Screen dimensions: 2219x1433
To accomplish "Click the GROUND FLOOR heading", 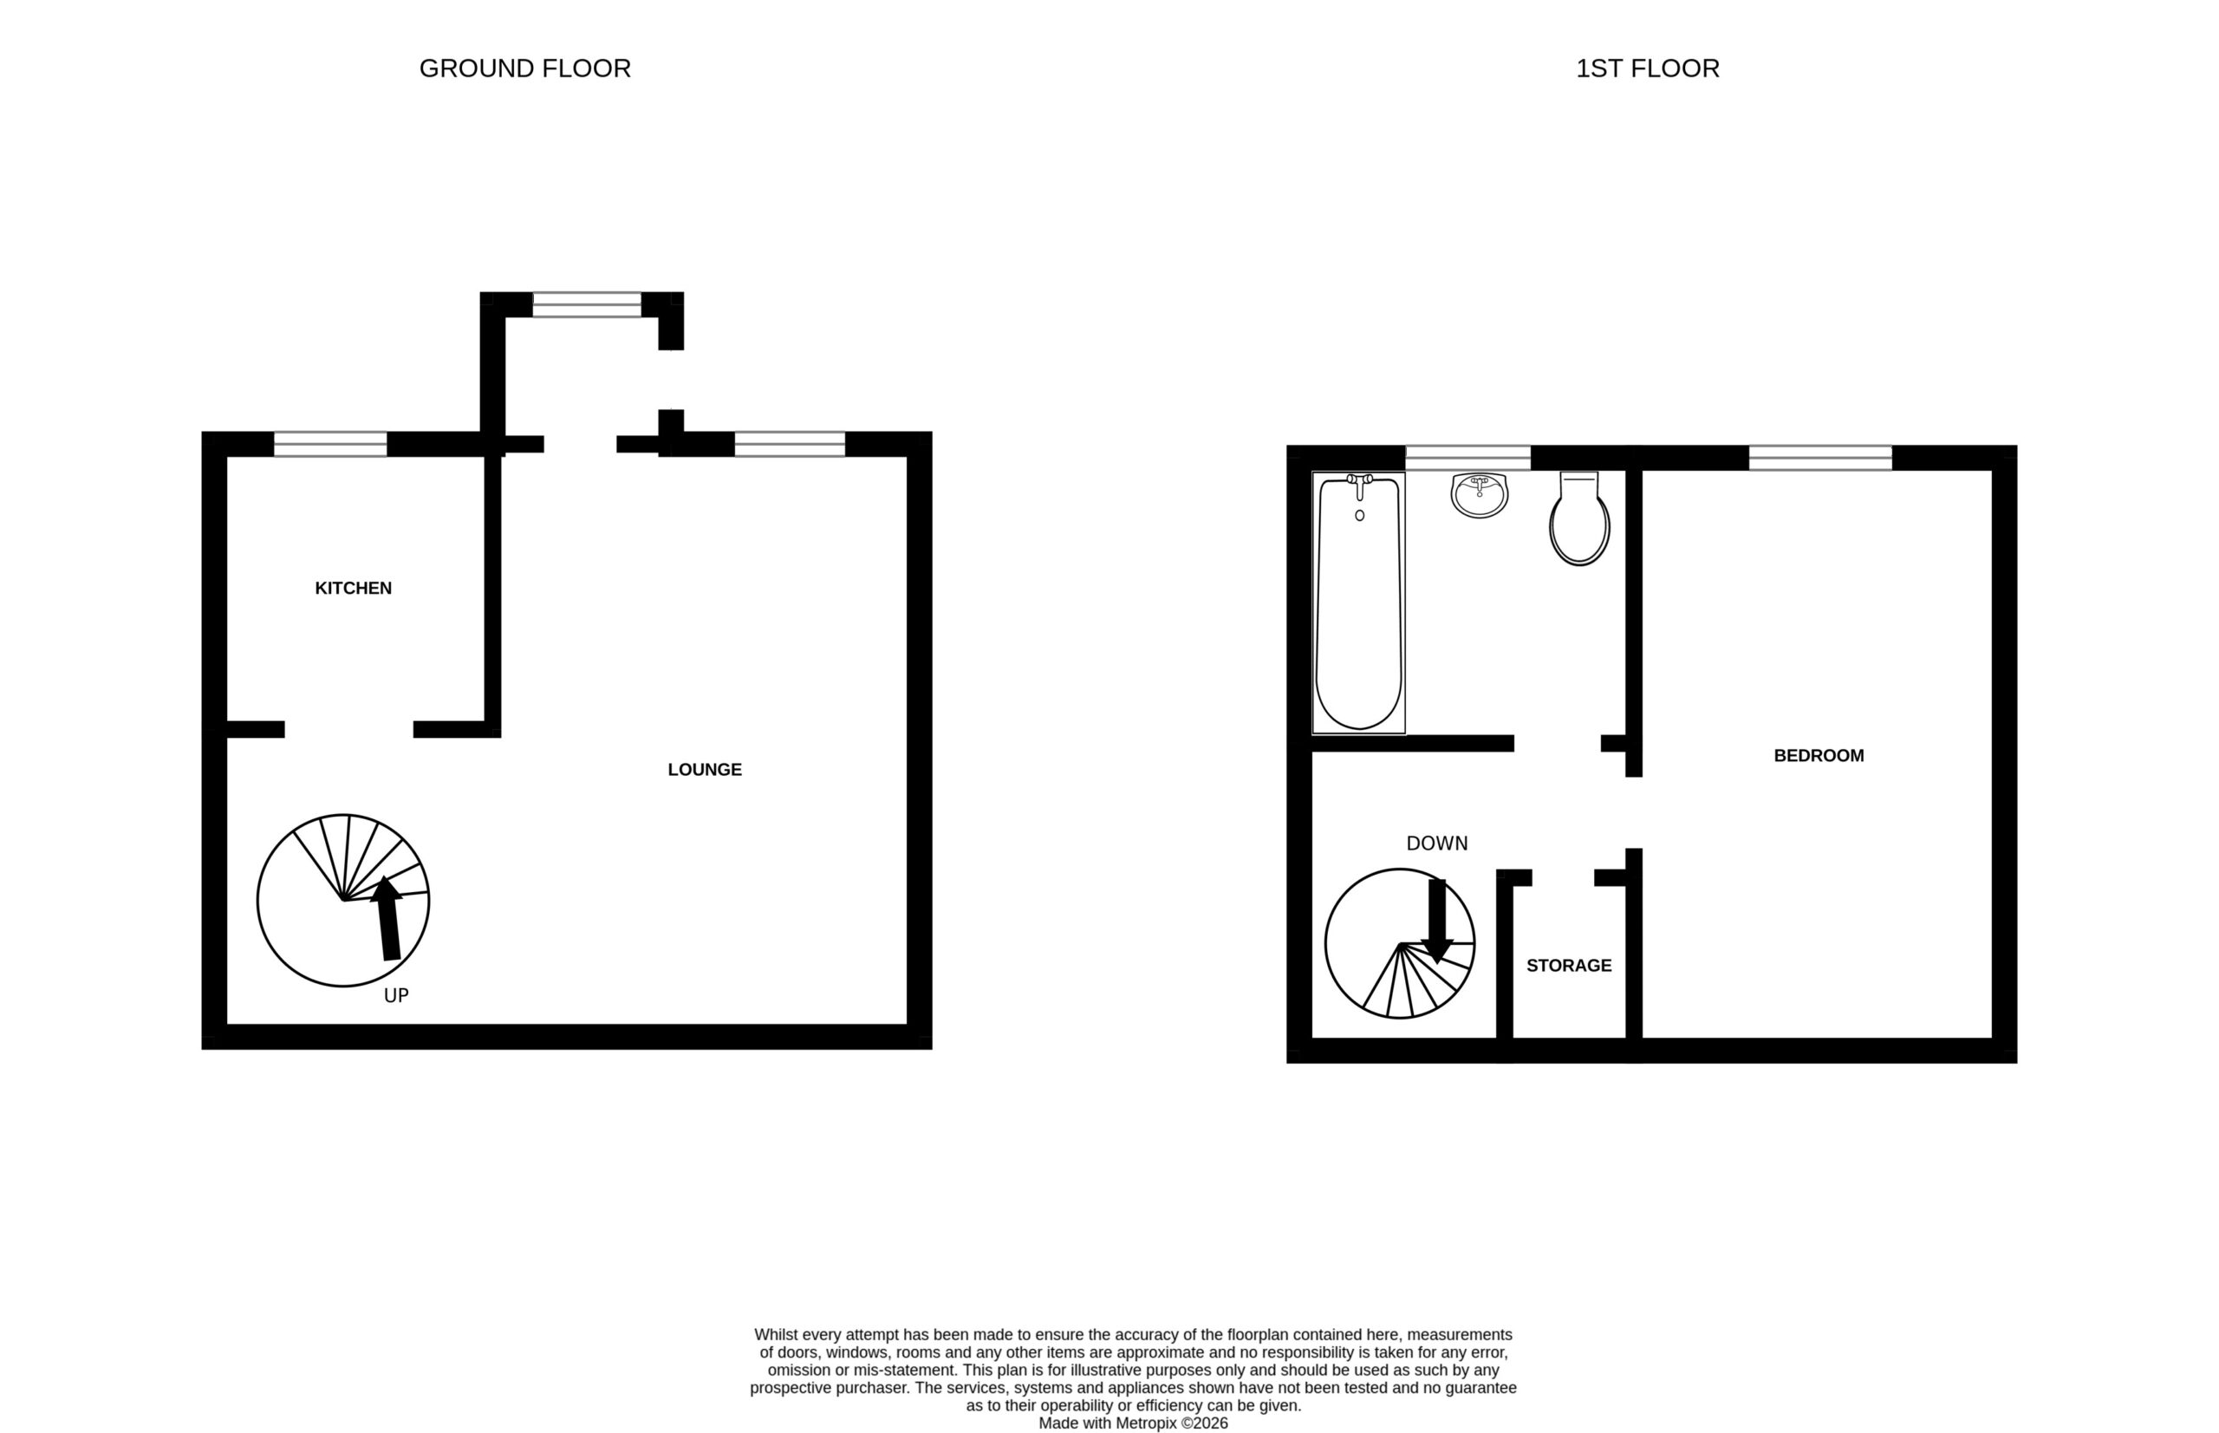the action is click(524, 68).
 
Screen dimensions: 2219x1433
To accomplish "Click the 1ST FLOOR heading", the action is click(1647, 68).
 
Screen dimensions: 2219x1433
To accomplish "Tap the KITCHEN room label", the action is click(354, 588).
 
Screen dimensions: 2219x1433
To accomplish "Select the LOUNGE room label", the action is click(705, 770).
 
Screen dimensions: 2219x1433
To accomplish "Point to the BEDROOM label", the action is click(1818, 756).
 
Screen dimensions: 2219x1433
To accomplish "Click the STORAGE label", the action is click(1569, 966).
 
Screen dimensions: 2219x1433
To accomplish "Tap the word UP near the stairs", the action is click(396, 996).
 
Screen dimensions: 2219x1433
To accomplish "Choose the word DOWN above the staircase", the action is click(1436, 843).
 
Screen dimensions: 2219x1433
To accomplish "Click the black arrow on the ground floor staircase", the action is click(387, 917).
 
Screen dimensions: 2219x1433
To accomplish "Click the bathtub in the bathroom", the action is click(1358, 602).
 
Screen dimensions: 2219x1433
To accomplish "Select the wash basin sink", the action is click(1480, 495).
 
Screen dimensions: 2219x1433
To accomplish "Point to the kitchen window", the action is click(330, 444).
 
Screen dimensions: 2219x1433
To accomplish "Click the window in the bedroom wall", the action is click(1820, 458).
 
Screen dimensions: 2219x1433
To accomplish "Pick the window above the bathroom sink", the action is click(1467, 458).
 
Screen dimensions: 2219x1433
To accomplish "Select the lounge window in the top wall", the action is click(790, 444).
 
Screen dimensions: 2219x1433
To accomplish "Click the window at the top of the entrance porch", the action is click(587, 304).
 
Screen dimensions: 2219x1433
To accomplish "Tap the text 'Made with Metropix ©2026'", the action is click(1133, 1423).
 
